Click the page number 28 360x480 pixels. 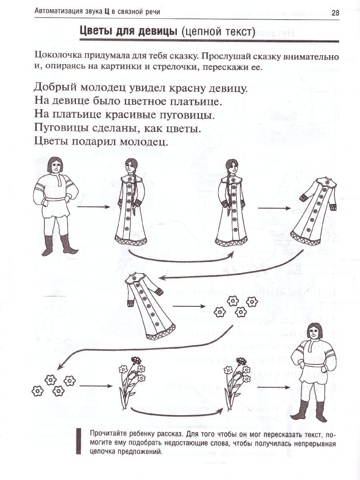[x=335, y=12]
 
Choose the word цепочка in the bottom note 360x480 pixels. [x=106, y=452]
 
